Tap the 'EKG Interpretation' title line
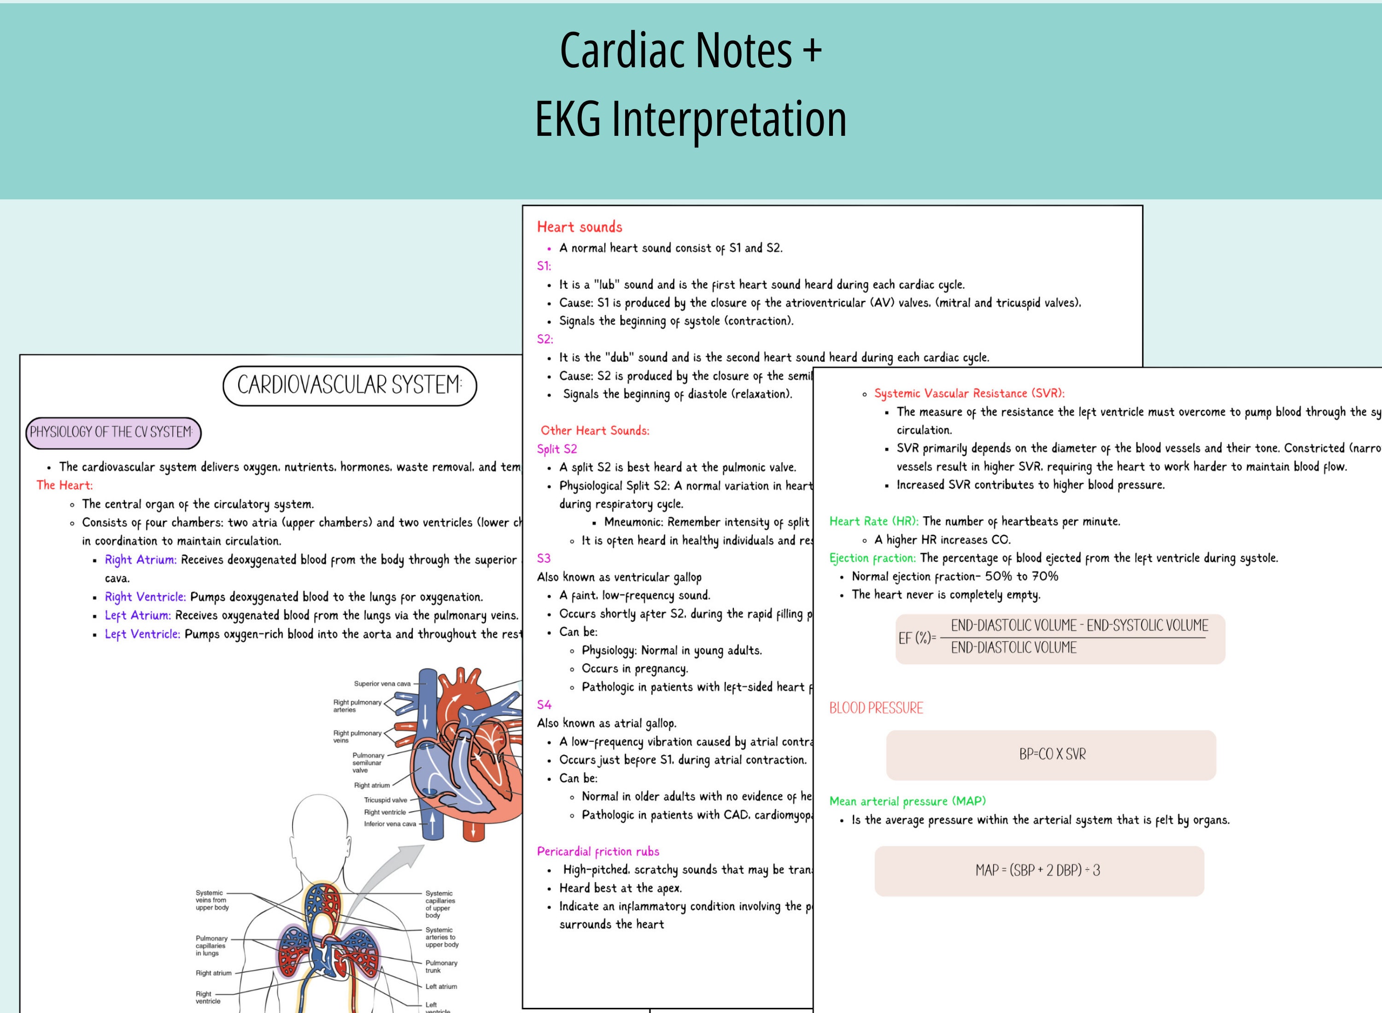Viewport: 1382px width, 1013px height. point(690,119)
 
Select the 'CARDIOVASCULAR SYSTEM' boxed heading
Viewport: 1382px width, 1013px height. point(349,385)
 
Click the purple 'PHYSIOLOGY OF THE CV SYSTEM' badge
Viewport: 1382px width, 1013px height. point(113,432)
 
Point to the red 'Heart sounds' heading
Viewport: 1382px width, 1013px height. point(579,227)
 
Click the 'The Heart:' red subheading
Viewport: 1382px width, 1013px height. point(64,485)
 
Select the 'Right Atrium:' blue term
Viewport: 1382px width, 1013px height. point(141,559)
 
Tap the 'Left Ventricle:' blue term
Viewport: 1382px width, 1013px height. point(142,634)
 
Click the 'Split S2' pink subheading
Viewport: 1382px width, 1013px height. point(556,449)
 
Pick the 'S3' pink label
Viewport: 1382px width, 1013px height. point(544,558)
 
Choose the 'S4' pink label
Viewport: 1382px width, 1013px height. point(544,704)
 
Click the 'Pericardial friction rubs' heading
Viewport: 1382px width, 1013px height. point(597,851)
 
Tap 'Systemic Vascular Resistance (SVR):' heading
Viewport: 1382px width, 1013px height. point(969,393)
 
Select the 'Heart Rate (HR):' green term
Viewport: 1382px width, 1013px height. point(873,521)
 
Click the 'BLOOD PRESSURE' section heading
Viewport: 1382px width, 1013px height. point(875,708)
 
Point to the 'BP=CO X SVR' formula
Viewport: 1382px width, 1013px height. point(1051,754)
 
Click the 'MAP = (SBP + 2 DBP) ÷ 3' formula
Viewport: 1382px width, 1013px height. point(1038,870)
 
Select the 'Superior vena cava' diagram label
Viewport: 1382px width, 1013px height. point(382,684)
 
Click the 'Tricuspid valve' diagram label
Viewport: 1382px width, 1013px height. point(385,800)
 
